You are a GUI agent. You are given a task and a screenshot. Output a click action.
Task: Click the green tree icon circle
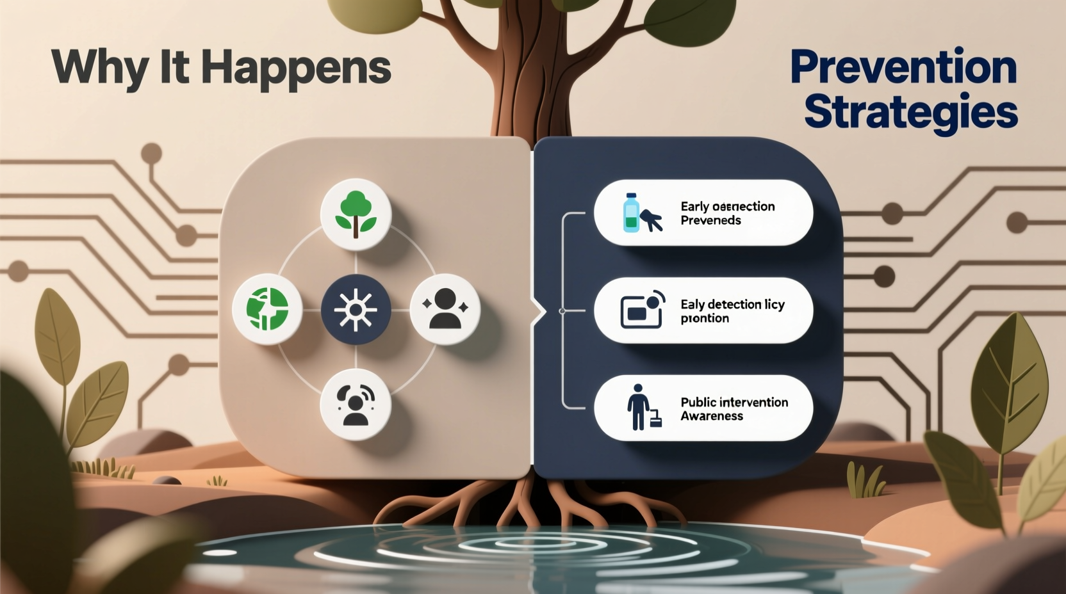point(356,214)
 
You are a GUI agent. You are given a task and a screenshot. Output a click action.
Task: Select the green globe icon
point(267,310)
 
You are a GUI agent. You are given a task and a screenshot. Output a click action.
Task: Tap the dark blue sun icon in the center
point(356,310)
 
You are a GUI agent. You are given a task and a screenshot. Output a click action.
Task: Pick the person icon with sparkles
point(445,310)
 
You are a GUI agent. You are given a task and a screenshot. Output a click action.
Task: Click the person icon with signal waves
point(356,405)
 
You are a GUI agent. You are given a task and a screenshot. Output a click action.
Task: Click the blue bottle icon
point(632,213)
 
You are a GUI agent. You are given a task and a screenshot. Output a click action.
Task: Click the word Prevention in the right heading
point(903,67)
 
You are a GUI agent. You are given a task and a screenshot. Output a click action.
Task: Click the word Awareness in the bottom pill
point(712,416)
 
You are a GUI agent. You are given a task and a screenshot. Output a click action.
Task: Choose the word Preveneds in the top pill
point(710,220)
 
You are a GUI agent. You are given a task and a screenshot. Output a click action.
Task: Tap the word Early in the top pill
point(694,206)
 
